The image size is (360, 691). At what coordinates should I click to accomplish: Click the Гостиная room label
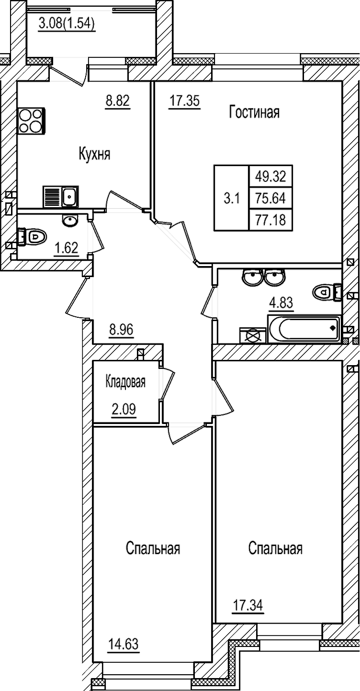(x=254, y=112)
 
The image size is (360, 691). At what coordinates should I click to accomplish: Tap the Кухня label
(x=94, y=154)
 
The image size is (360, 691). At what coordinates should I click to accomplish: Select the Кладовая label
(x=125, y=382)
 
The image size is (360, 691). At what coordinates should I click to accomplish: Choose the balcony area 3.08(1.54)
(x=67, y=23)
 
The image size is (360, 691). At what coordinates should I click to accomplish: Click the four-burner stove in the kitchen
(x=31, y=121)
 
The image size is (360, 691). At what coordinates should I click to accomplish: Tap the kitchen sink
(x=70, y=196)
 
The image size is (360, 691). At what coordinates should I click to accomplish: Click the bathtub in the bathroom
(x=304, y=329)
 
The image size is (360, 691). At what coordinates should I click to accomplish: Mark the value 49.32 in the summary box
(x=270, y=177)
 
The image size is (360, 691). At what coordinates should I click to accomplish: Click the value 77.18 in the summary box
(x=270, y=220)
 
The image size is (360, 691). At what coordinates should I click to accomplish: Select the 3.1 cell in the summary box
(x=231, y=198)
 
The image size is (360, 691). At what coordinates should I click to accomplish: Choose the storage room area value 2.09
(x=124, y=410)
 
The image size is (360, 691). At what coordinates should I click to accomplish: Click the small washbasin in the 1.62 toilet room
(x=70, y=220)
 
